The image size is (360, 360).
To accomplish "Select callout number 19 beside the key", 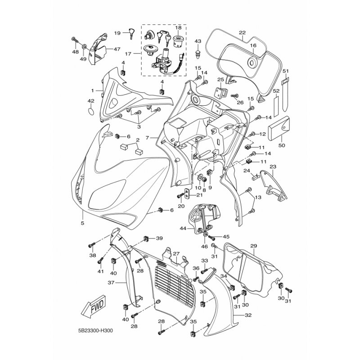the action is click(117, 33).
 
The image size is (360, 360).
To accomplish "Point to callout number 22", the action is click(242, 32).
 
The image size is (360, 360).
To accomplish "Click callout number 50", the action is click(282, 145).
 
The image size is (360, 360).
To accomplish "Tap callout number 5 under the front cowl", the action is click(82, 223).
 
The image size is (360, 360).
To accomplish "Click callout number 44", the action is click(183, 229).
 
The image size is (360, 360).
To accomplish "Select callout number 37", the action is click(111, 283).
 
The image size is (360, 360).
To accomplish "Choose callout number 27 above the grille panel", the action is click(176, 254).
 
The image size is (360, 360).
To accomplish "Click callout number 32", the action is click(248, 315).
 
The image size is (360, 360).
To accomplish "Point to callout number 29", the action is click(253, 246).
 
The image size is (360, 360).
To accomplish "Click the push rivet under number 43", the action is click(198, 54).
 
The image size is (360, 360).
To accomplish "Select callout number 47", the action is click(117, 49).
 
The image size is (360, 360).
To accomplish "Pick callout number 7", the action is click(148, 138).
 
